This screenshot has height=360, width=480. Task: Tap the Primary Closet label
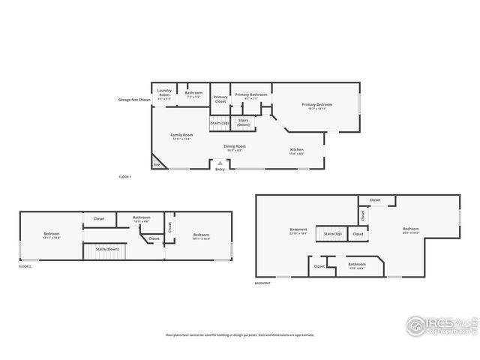[x=220, y=98]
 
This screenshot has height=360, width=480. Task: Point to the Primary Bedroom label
[x=316, y=106]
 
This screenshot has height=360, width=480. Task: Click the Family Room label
[x=182, y=136]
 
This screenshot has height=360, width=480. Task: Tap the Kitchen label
[x=297, y=151]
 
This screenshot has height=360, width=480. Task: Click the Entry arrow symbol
[x=220, y=163]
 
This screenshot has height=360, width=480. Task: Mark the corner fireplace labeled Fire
[x=157, y=163]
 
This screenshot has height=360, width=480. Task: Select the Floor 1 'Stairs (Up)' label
[x=220, y=121]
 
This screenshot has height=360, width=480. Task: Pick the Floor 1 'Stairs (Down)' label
[x=244, y=121]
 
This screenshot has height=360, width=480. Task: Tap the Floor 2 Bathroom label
[x=142, y=218]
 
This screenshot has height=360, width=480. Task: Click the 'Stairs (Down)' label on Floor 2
[x=107, y=248]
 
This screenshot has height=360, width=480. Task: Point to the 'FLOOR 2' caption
[x=27, y=266]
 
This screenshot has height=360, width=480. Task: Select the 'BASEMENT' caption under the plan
[x=263, y=283]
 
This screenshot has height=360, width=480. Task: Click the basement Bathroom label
[x=357, y=265]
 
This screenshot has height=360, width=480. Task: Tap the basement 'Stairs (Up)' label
[x=333, y=234]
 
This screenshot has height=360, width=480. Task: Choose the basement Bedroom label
[x=410, y=229]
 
